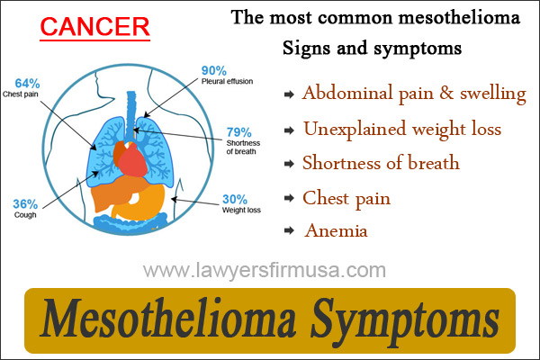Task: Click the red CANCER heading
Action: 94,27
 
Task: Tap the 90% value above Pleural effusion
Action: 214,70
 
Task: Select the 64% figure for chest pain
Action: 27,84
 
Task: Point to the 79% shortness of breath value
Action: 239,132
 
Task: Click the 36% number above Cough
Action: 25,204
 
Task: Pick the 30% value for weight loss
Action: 235,199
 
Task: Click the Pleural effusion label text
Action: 228,81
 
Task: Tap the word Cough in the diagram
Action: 25,214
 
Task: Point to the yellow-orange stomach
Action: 145,205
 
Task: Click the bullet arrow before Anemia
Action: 289,230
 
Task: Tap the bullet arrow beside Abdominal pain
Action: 289,94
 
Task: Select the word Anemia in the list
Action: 336,230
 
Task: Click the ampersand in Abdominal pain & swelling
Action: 446,93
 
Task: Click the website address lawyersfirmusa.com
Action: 265,270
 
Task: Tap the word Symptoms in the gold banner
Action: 405,319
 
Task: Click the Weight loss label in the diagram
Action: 241,210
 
